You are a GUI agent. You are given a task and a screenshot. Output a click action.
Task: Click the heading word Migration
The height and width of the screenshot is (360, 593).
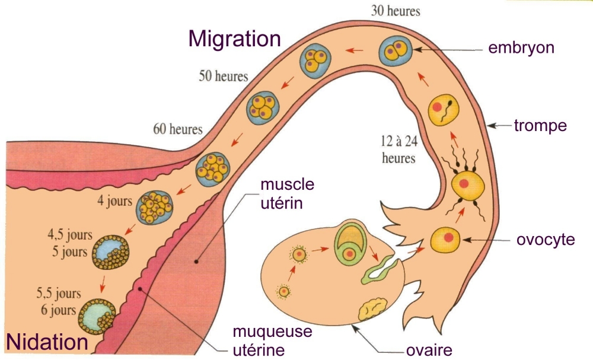(234, 39)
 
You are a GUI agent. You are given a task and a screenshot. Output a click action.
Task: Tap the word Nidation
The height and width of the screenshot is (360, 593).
(47, 342)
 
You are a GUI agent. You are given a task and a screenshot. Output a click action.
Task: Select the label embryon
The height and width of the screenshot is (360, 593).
(521, 48)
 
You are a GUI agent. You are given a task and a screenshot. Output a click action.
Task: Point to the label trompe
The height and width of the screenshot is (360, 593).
(540, 126)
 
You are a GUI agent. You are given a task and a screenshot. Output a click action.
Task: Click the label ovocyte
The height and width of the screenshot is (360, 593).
(544, 240)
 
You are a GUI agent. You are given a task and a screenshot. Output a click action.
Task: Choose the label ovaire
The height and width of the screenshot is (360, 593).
(428, 349)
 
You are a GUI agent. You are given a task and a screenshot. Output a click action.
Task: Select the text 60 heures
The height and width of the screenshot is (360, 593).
(177, 129)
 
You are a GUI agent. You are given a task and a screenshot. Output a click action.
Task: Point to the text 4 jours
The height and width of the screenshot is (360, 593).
(114, 201)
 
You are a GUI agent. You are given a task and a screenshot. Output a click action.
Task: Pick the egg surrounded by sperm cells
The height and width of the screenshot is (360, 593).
(468, 184)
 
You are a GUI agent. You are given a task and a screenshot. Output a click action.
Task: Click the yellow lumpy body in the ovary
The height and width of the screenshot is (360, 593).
(373, 309)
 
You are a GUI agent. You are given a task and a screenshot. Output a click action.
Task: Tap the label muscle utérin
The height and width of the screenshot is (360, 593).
(283, 194)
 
